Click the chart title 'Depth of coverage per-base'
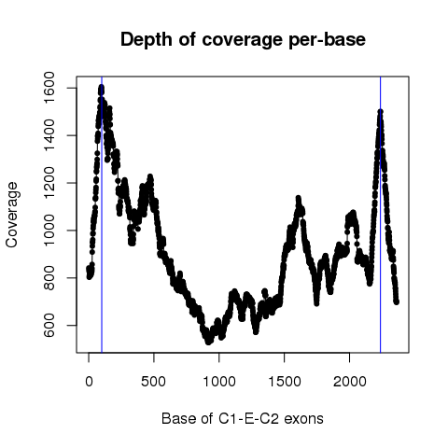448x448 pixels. [x=243, y=40]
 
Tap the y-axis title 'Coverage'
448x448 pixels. [x=12, y=215]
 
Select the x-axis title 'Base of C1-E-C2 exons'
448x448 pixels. [x=243, y=418]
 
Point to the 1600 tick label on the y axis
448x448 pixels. [x=49, y=88]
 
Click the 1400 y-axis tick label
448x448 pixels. [x=49, y=135]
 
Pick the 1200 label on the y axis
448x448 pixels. [x=49, y=183]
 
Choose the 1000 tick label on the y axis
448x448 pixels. [x=49, y=231]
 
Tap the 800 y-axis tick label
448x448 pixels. [x=49, y=278]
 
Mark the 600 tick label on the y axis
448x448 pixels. [x=49, y=325]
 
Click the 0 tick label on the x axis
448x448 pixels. [x=89, y=382]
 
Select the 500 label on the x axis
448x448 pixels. [x=154, y=382]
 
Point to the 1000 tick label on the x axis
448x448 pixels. [x=219, y=382]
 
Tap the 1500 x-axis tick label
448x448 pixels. [x=285, y=382]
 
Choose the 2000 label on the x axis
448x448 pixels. [x=350, y=382]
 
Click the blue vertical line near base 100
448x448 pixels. [x=102, y=215]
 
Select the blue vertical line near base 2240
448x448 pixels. [x=381, y=215]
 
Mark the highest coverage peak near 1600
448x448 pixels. [x=101, y=88]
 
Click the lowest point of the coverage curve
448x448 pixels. [x=208, y=342]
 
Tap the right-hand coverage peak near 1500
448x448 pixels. [x=380, y=111]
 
